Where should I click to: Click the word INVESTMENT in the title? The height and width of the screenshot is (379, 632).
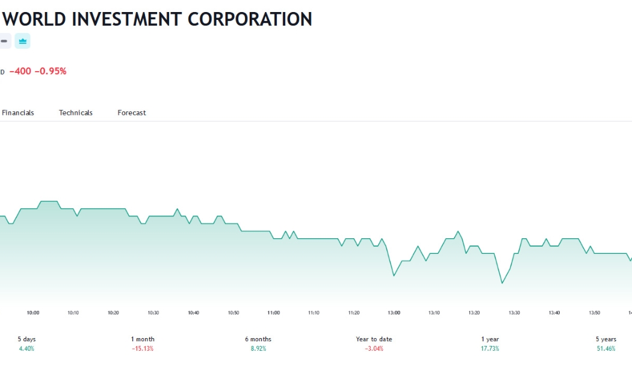click(x=127, y=19)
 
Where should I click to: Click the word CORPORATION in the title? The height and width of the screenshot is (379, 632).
click(x=250, y=19)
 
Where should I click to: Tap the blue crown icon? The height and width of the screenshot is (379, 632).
click(x=23, y=41)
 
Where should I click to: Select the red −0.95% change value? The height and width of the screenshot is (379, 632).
click(x=51, y=72)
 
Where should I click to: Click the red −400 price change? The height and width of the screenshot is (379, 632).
click(x=20, y=72)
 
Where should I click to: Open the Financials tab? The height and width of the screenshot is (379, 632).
click(x=17, y=112)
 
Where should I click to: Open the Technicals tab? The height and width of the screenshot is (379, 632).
click(x=76, y=112)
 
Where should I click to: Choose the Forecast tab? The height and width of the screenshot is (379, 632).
click(x=132, y=112)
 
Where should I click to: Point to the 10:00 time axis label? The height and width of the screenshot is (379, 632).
click(x=33, y=313)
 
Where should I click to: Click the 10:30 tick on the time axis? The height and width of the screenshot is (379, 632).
click(x=153, y=313)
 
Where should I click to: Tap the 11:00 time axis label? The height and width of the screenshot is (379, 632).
click(x=274, y=313)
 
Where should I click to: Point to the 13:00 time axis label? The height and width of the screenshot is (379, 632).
click(x=394, y=313)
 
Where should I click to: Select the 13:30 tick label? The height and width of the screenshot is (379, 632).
click(x=514, y=313)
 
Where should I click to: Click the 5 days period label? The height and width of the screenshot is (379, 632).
click(x=26, y=339)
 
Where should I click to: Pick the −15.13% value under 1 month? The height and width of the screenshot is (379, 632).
click(x=143, y=349)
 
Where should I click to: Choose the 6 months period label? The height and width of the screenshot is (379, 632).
click(x=258, y=339)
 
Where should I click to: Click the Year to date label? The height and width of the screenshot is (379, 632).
click(x=374, y=339)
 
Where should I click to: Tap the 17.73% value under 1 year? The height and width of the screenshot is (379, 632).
click(x=490, y=349)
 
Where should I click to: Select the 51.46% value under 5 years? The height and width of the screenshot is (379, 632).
click(x=606, y=349)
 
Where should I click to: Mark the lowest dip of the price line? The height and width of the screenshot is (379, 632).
click(x=502, y=283)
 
